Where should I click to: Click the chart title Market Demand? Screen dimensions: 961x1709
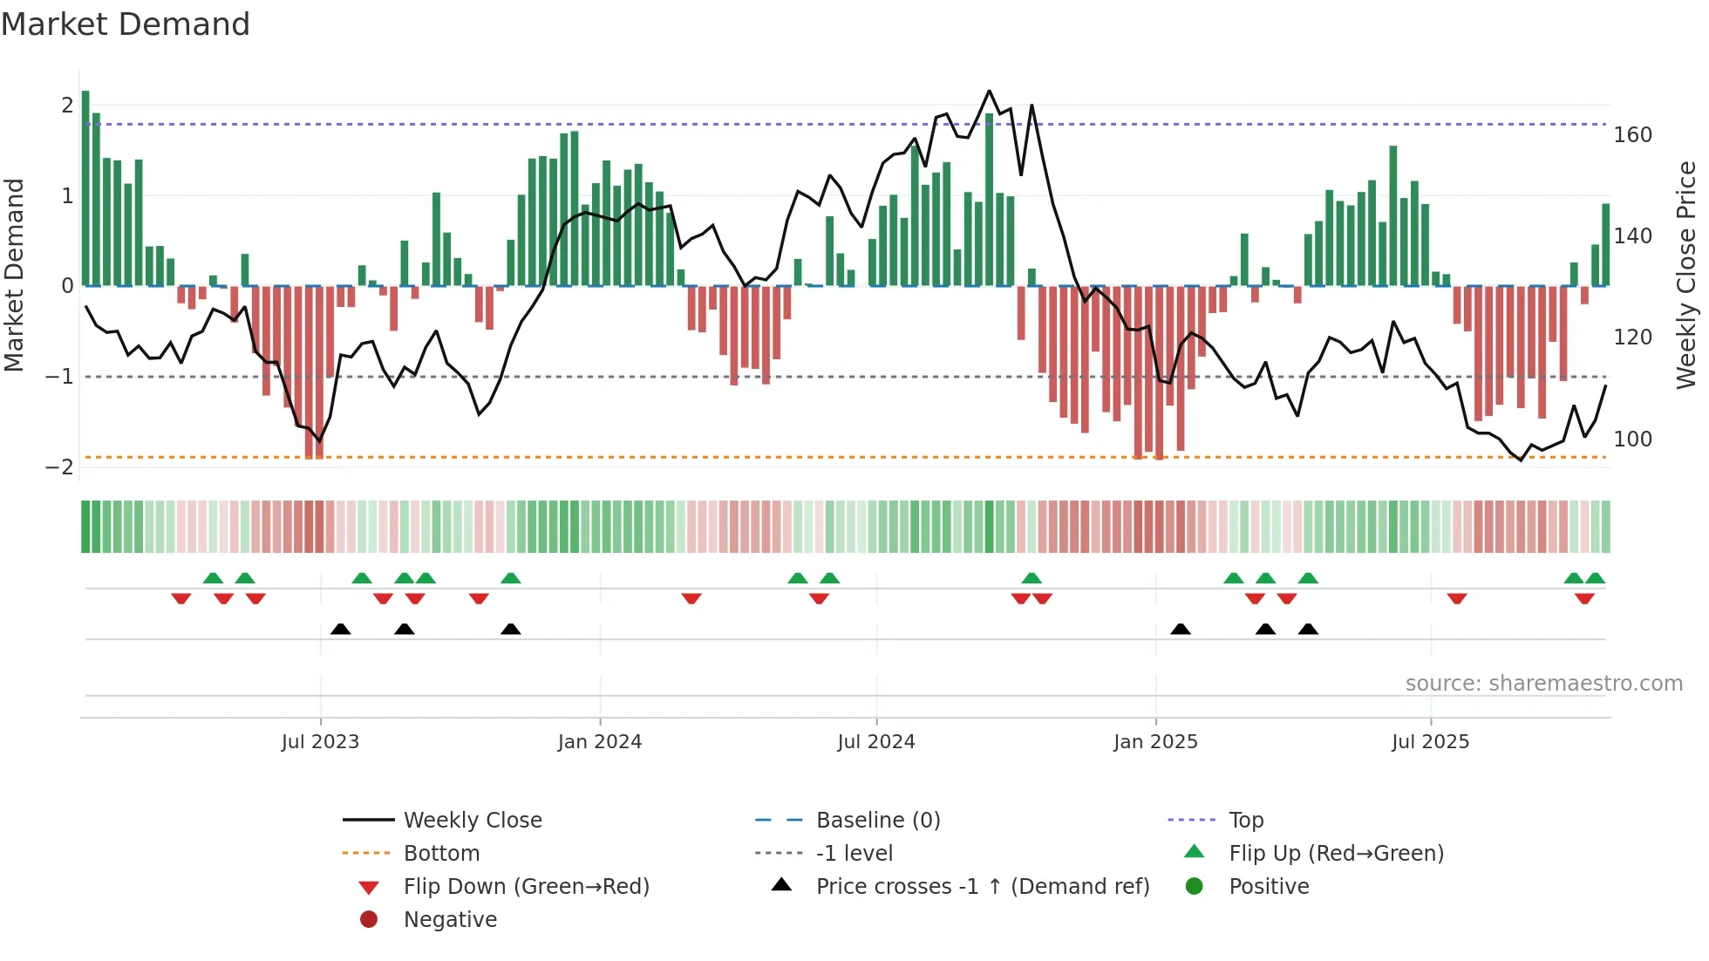[126, 24]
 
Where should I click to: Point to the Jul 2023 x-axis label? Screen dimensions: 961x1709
[320, 741]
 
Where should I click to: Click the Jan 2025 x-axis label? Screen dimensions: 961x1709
[1155, 741]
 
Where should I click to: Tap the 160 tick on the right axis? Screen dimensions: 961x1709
[1632, 135]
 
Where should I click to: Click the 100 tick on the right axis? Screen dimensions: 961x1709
[1632, 439]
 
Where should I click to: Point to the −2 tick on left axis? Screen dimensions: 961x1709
[60, 467]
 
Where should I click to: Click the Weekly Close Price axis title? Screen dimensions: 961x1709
[1686, 275]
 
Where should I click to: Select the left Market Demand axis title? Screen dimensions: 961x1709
[14, 275]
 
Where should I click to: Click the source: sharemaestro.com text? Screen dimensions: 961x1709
[1543, 683]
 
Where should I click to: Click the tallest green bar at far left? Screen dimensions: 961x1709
[85, 187]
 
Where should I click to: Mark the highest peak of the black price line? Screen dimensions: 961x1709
[989, 91]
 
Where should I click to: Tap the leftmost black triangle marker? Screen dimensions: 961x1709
[341, 629]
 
